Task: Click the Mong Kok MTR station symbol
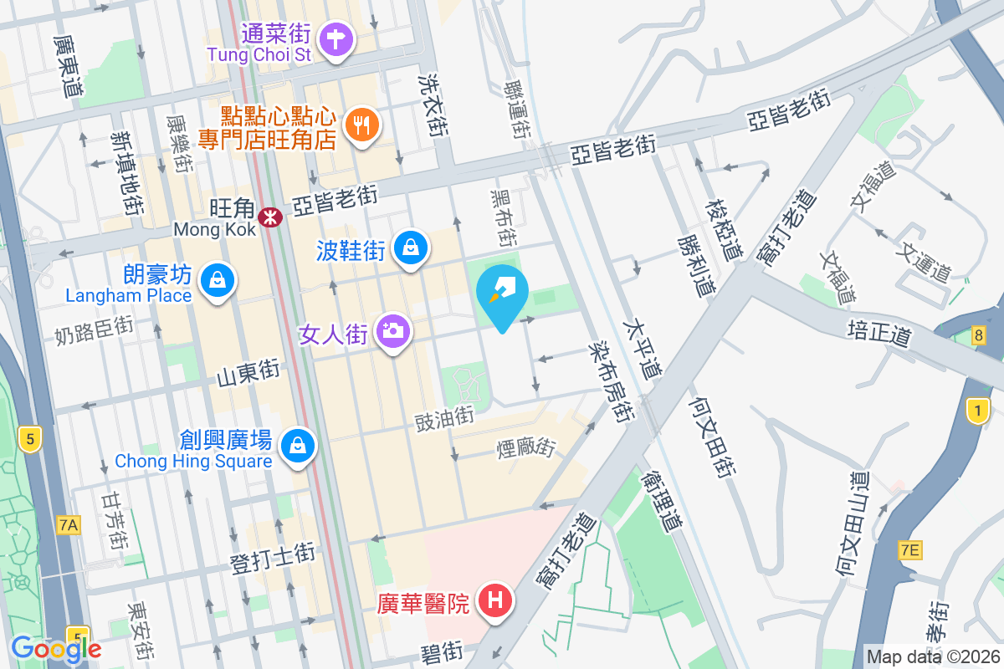(x=270, y=218)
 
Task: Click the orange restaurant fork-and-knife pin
(x=361, y=125)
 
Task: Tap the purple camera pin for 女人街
(x=392, y=331)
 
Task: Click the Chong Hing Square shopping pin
(x=297, y=444)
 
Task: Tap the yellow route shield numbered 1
(x=976, y=411)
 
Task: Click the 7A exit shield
(x=69, y=525)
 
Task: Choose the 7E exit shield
(x=909, y=549)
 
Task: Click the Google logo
(x=56, y=648)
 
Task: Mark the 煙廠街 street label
(x=525, y=448)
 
